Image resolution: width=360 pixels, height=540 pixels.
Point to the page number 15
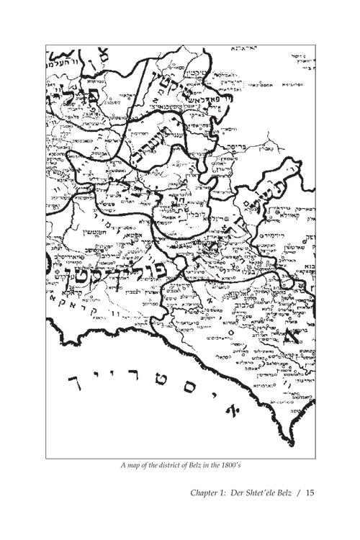[x=311, y=493]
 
